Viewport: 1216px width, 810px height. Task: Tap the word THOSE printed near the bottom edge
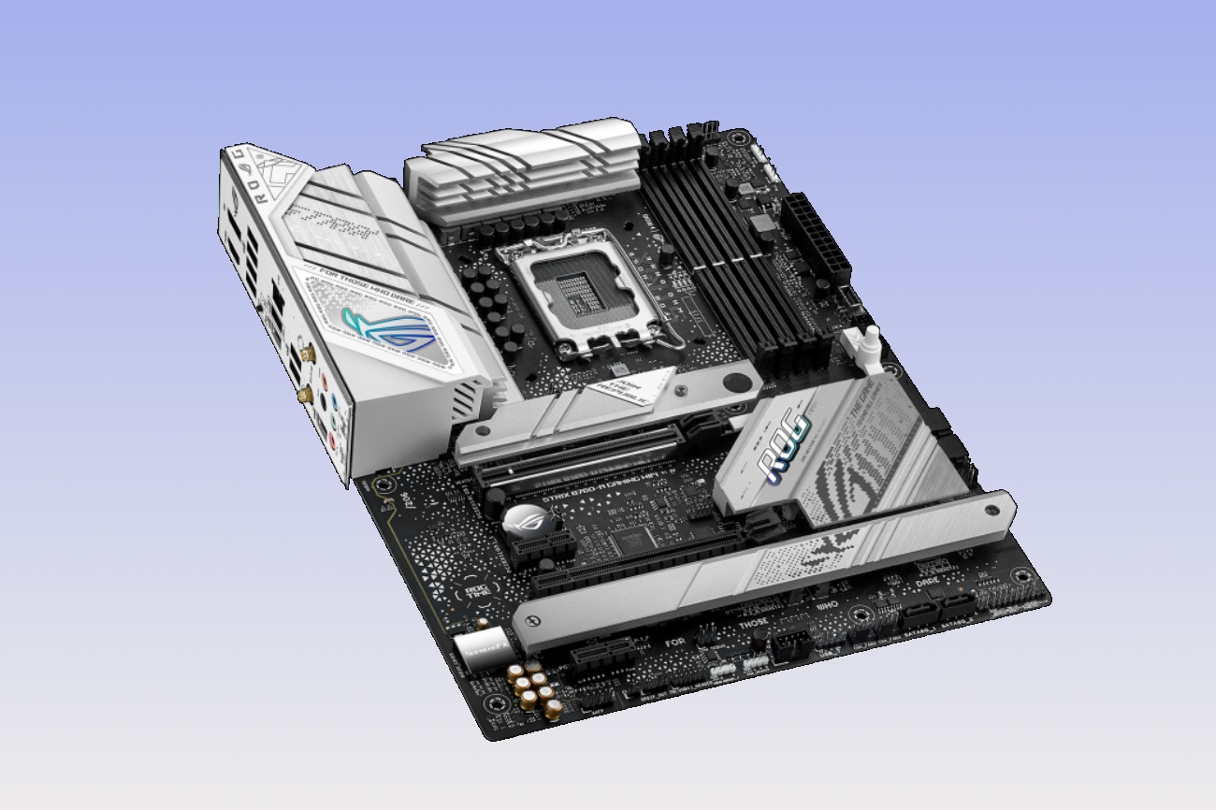752,622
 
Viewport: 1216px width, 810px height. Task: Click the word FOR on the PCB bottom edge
674,643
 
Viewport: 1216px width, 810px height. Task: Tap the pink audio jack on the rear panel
323,383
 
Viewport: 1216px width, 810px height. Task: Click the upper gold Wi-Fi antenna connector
305,354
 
